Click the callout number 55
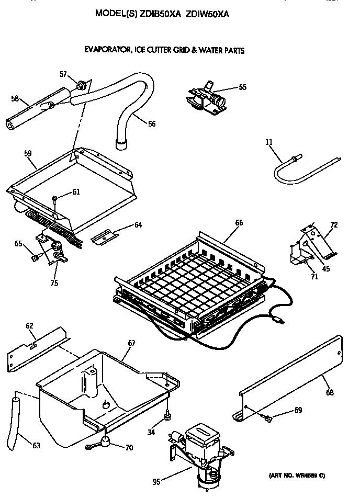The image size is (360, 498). (x=242, y=87)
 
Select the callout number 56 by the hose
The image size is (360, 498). (x=151, y=124)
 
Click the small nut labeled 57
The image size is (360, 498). (x=81, y=84)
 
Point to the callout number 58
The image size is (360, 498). (x=15, y=98)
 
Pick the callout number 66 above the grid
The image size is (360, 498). (x=239, y=222)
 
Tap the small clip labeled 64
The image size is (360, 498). (x=107, y=236)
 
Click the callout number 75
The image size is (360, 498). (x=53, y=283)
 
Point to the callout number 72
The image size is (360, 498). (x=334, y=225)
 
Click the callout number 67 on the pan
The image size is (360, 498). (x=131, y=343)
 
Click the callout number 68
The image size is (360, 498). (x=330, y=392)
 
